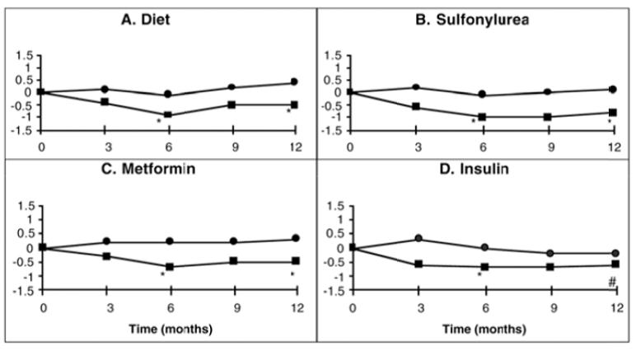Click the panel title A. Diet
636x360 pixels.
tap(146, 20)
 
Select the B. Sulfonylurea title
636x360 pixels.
tap(472, 20)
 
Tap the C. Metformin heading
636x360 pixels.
tap(148, 169)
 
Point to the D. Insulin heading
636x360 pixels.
tap(475, 169)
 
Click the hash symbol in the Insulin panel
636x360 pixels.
tap(612, 283)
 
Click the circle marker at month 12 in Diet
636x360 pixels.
tap(294, 82)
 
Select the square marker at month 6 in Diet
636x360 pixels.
tap(167, 115)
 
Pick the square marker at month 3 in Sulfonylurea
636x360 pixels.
tap(416, 106)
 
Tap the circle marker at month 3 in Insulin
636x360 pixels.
tap(419, 238)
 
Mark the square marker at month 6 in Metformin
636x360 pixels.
tap(170, 267)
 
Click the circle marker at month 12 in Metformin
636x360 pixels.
tap(296, 238)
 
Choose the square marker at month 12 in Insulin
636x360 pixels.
tap(615, 264)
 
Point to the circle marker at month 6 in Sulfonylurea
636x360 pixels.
tap(482, 94)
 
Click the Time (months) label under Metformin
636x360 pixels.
tap(171, 329)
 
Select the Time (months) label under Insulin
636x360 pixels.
tap(484, 329)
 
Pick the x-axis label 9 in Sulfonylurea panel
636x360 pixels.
tap(551, 147)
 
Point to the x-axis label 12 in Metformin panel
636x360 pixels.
tap(297, 309)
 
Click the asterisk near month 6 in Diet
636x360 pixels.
tap(159, 122)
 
